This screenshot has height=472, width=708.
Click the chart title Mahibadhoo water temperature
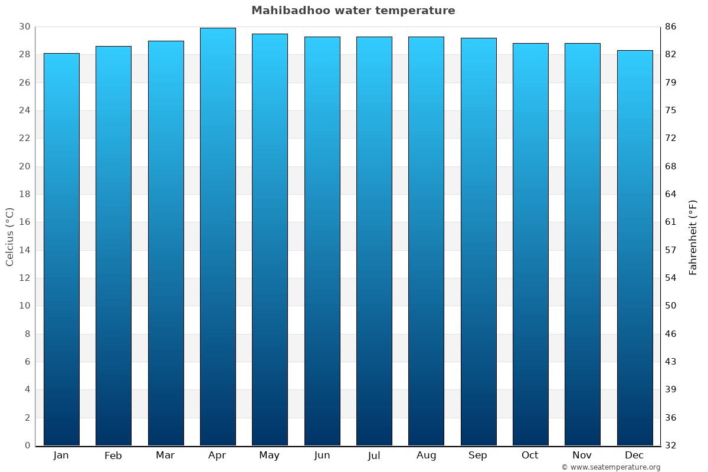point(353,11)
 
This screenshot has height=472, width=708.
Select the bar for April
point(218,236)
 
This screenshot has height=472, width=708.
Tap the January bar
point(61,248)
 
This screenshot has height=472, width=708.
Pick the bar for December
point(635,248)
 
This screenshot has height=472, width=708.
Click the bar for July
point(374,242)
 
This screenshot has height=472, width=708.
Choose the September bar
point(478,242)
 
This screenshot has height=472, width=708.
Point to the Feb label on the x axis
point(113,455)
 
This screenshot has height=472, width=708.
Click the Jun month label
point(322,455)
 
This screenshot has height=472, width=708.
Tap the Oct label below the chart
point(530,455)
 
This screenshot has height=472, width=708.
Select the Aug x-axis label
point(426,455)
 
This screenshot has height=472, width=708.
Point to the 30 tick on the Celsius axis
point(24,27)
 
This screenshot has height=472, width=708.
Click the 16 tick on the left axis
point(24,222)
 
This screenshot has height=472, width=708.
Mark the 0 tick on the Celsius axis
point(27,445)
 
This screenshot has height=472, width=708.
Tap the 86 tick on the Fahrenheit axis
point(670,27)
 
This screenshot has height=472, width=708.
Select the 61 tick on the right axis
point(670,222)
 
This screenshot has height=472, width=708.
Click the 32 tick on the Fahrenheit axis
point(670,445)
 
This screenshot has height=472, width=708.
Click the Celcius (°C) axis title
point(9,236)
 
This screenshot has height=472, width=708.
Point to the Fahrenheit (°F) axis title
point(693,237)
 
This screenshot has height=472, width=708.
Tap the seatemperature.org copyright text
point(611,467)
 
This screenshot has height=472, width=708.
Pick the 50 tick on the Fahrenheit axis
point(670,306)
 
